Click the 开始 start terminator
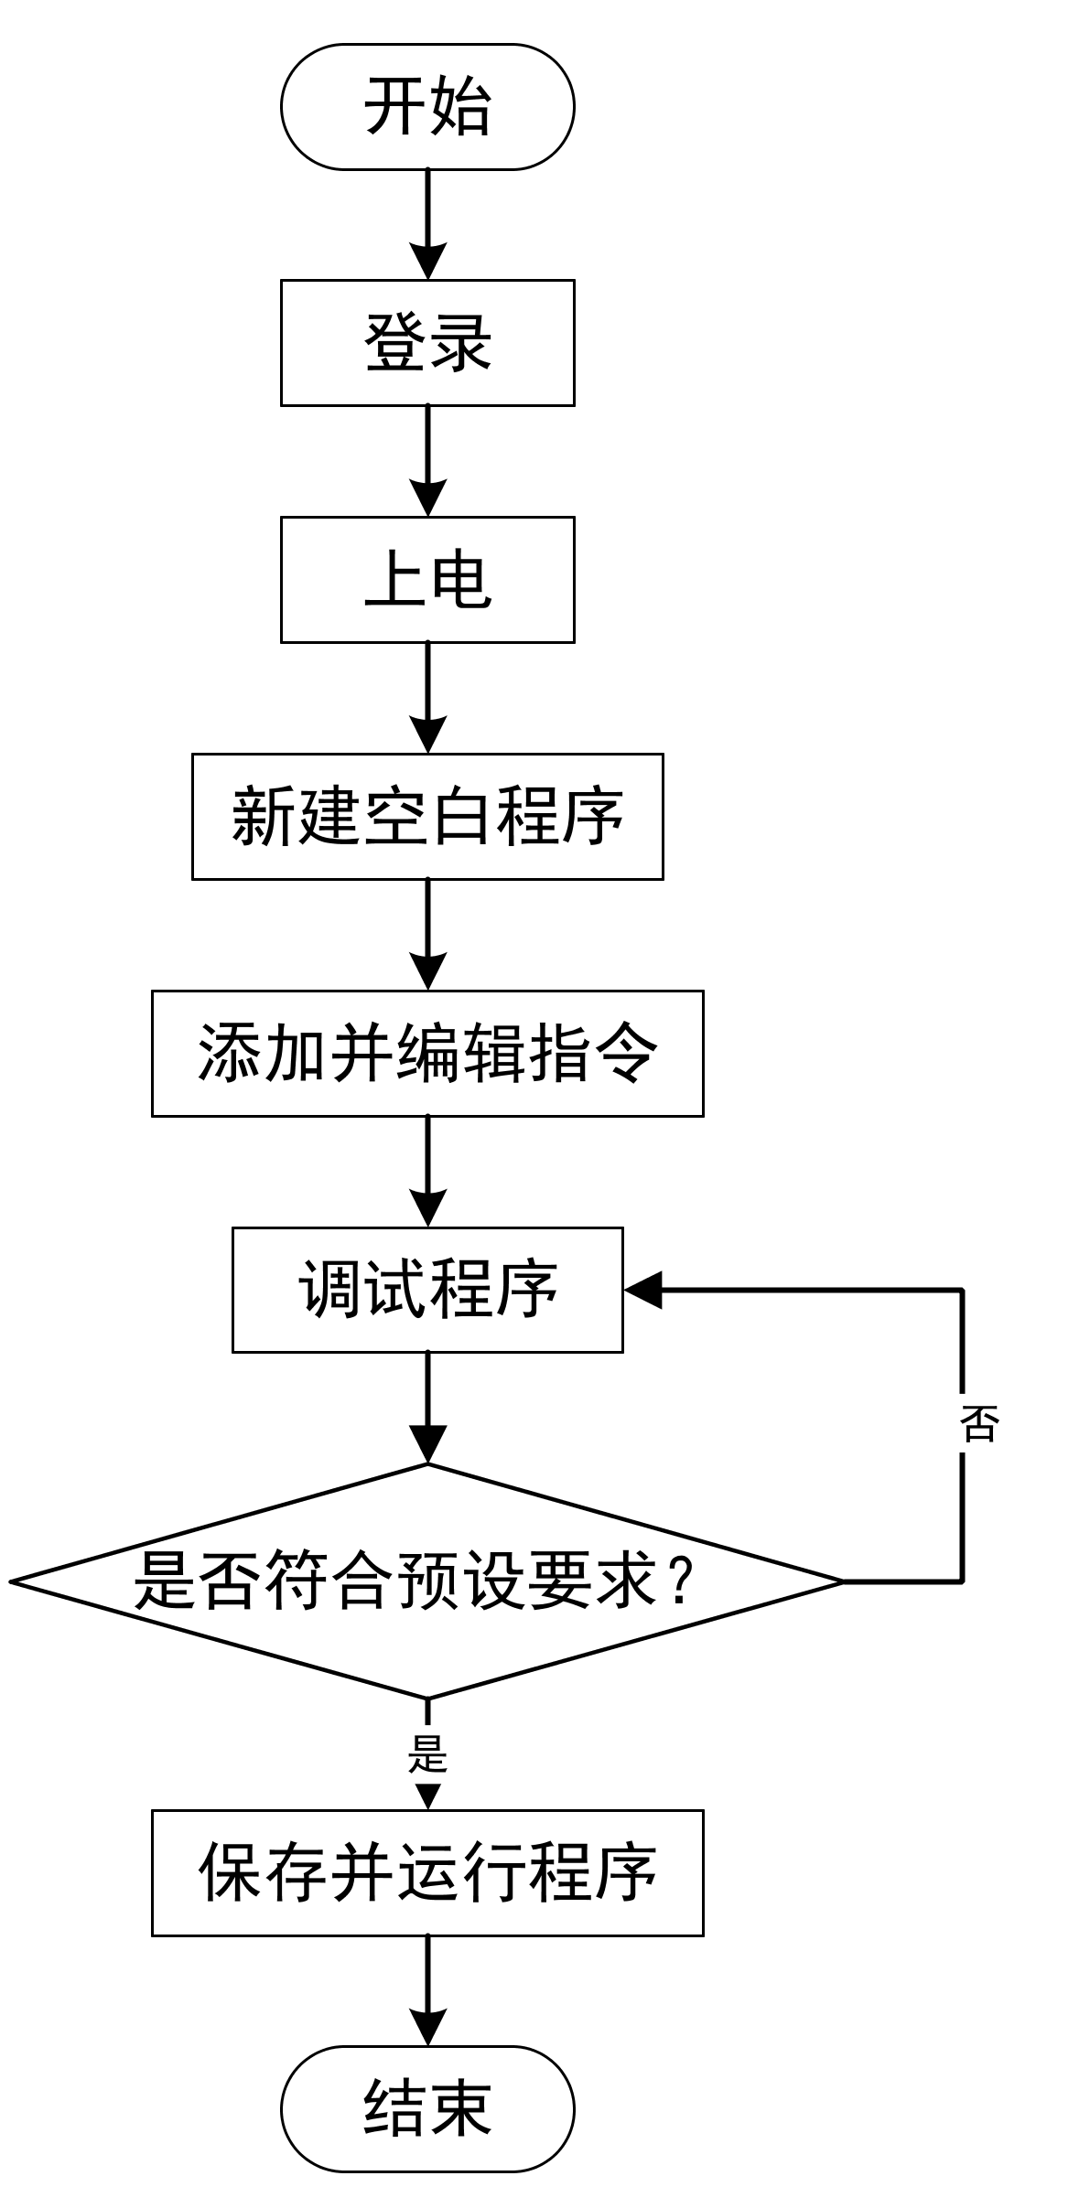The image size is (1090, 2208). click(x=427, y=107)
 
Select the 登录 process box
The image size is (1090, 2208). click(x=427, y=343)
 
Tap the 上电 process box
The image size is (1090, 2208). click(x=427, y=580)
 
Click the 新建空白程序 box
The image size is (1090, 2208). click(x=427, y=817)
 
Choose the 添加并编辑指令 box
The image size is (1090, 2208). click(x=427, y=1054)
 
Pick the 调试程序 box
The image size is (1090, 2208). click(x=427, y=1290)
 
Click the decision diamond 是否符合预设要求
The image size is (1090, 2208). click(x=427, y=1581)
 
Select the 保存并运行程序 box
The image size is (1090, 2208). click(x=427, y=1872)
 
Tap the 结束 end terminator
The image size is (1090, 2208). click(x=427, y=2108)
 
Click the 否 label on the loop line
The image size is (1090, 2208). click(x=978, y=1424)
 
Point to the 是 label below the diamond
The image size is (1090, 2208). click(x=427, y=1754)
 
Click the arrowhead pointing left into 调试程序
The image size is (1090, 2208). click(x=642, y=1290)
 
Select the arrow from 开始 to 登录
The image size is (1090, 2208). click(x=427, y=224)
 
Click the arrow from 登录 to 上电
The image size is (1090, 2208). click(x=427, y=461)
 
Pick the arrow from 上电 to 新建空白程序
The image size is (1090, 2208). click(x=427, y=698)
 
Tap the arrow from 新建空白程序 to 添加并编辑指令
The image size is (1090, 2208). click(x=427, y=935)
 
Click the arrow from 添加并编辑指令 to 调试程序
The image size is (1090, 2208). click(x=427, y=1172)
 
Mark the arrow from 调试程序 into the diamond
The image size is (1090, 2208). click(x=427, y=1409)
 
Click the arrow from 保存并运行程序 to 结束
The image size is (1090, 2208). click(x=427, y=1990)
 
